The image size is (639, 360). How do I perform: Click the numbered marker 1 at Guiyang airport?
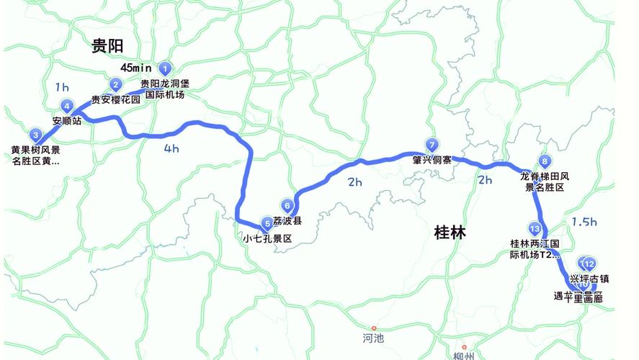tap(166, 69)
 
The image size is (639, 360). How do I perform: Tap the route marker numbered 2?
tap(115, 85)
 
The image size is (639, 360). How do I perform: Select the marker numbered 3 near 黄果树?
tap(35, 135)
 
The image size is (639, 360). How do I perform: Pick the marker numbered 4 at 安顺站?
tap(67, 106)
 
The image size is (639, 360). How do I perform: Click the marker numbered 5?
tap(268, 223)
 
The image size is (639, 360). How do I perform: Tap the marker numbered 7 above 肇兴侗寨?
tap(432, 144)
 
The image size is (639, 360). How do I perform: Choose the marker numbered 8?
tap(545, 161)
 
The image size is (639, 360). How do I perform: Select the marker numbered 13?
tap(534, 228)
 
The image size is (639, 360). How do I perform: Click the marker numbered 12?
tap(589, 264)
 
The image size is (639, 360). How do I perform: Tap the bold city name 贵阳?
tap(107, 47)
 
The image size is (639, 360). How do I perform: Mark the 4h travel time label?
tap(171, 150)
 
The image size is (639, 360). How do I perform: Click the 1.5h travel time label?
tap(584, 221)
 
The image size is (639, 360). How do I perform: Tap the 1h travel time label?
tap(62, 87)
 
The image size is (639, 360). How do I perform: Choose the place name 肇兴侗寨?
tap(432, 160)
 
